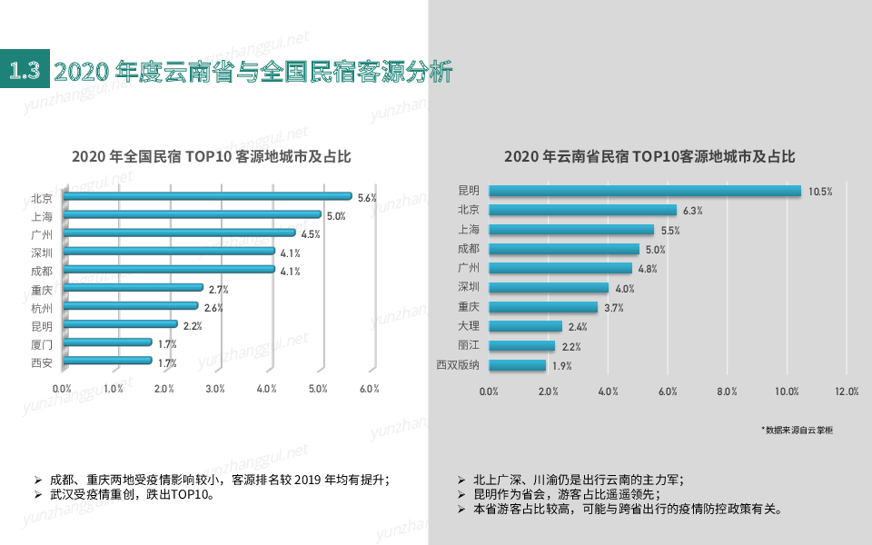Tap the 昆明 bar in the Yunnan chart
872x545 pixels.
pyautogui.click(x=644, y=191)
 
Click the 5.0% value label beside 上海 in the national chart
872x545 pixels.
pyautogui.click(x=336, y=216)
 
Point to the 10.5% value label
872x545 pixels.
pyautogui.click(x=820, y=192)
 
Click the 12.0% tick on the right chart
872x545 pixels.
pyautogui.click(x=846, y=391)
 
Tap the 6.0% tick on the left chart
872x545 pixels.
pyautogui.click(x=369, y=389)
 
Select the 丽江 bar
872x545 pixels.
pyautogui.click(x=521, y=346)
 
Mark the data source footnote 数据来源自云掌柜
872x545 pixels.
pyautogui.click(x=797, y=430)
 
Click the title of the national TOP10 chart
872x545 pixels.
pyautogui.click(x=212, y=156)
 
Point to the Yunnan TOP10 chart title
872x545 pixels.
pyautogui.click(x=649, y=156)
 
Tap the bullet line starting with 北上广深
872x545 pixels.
pyautogui.click(x=578, y=479)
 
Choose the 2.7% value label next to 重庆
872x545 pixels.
pyautogui.click(x=218, y=290)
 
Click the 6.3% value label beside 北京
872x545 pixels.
pyautogui.click(x=692, y=211)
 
